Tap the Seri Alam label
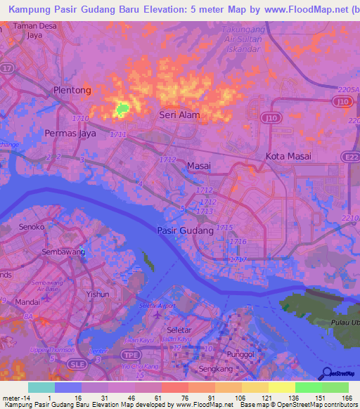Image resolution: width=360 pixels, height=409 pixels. [x=179, y=115]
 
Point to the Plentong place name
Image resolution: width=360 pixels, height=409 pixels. [x=72, y=91]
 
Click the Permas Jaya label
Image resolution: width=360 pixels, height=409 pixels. [x=70, y=132]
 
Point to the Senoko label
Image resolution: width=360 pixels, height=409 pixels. [x=32, y=228]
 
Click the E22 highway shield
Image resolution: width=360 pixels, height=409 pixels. [x=349, y=157]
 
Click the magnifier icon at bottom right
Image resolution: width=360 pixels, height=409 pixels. [x=326, y=374]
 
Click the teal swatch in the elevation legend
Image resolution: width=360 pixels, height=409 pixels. [x=41, y=387]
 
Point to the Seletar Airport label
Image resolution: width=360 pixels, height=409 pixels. [x=157, y=306]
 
